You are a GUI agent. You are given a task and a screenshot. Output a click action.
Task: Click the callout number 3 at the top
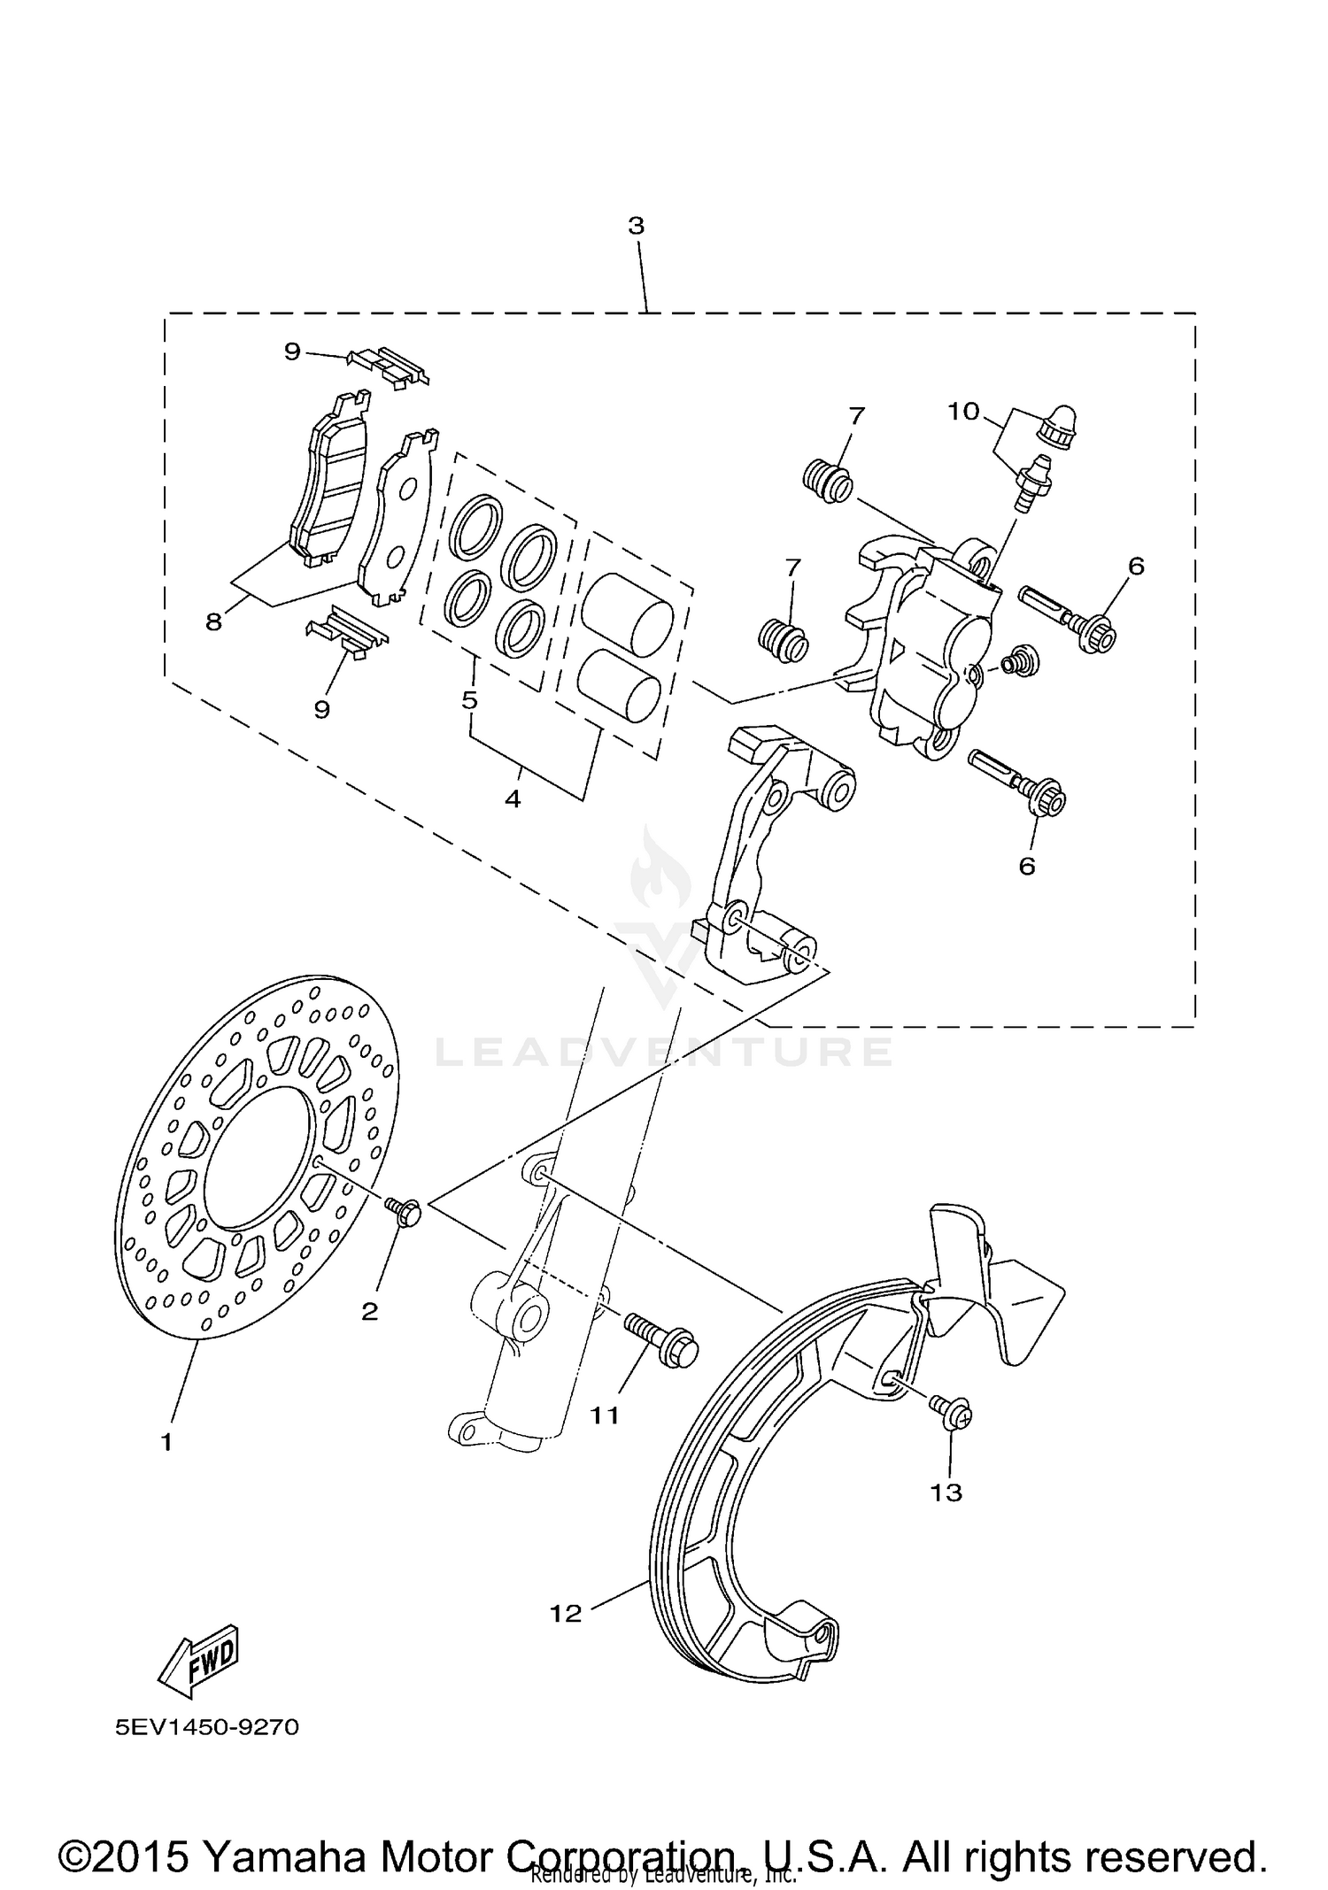636,226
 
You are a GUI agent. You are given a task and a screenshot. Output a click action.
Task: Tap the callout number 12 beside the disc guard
565,1613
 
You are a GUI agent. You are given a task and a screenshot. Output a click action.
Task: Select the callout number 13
946,1493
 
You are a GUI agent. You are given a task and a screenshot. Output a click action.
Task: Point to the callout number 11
605,1415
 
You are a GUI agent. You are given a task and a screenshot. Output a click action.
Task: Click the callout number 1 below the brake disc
166,1442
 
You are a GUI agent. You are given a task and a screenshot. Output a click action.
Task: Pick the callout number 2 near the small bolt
369,1311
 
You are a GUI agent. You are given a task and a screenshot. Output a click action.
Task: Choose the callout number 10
963,411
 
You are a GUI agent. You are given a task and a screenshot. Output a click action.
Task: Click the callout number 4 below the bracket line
512,798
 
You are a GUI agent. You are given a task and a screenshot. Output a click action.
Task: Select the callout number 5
469,700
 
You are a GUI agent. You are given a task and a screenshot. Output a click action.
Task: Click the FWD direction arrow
198,1662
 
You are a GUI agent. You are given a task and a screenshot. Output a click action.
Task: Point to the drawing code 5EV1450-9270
206,1727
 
